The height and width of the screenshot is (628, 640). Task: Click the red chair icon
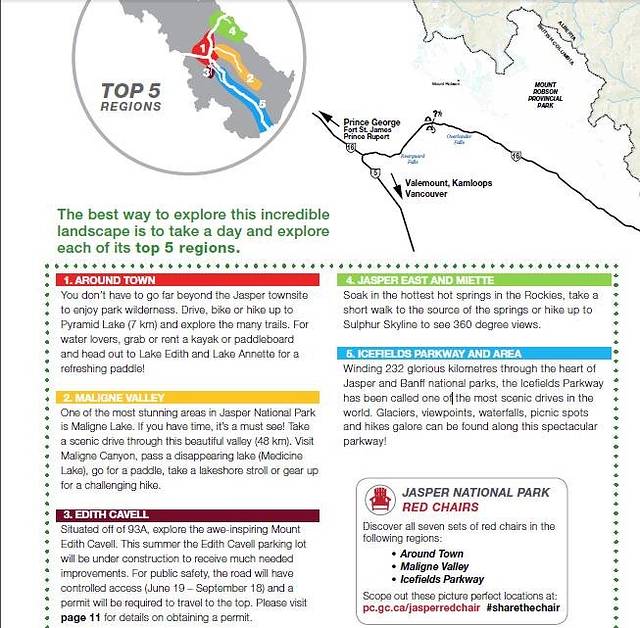coord(379,499)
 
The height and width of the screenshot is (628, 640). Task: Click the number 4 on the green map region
coord(231,30)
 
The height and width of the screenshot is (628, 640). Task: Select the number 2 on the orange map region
coord(248,76)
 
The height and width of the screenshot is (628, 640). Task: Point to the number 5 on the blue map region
coord(261,103)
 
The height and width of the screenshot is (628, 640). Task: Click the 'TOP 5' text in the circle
coord(130,91)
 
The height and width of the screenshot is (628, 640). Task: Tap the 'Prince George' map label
coord(371,123)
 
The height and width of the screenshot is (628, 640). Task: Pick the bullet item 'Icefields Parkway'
coord(443,579)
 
